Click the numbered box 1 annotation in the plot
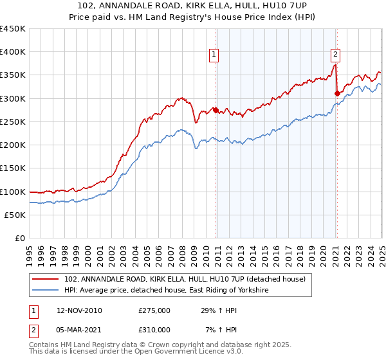(213, 55)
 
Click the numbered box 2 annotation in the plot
(336, 55)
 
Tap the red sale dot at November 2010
(216, 110)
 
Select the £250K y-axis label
(13, 122)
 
